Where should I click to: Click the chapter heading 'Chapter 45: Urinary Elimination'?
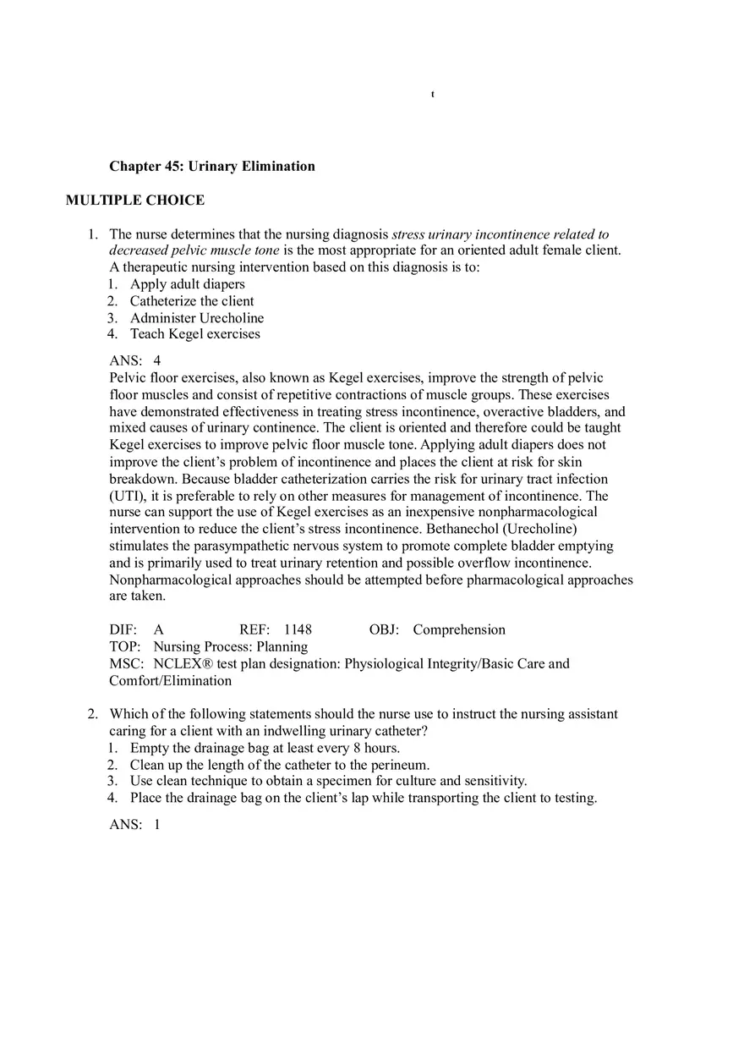[212, 167]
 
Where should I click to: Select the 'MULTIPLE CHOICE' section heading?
[135, 201]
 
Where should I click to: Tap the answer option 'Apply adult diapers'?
[188, 284]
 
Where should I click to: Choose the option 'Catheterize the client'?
[192, 301]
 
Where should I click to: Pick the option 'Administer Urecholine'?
[197, 318]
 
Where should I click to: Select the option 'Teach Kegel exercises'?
[195, 334]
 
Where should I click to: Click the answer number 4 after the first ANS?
[157, 361]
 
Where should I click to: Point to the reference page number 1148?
[298, 630]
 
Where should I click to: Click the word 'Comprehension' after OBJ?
[459, 630]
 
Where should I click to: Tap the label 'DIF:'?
[123, 630]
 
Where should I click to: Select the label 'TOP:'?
[124, 647]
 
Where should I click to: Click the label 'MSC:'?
[126, 664]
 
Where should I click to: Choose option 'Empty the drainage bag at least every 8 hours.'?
[265, 748]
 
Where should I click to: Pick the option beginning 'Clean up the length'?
[280, 765]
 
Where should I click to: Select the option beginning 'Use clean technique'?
[328, 781]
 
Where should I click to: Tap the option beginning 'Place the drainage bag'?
[364, 798]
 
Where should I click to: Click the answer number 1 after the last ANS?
[157, 825]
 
